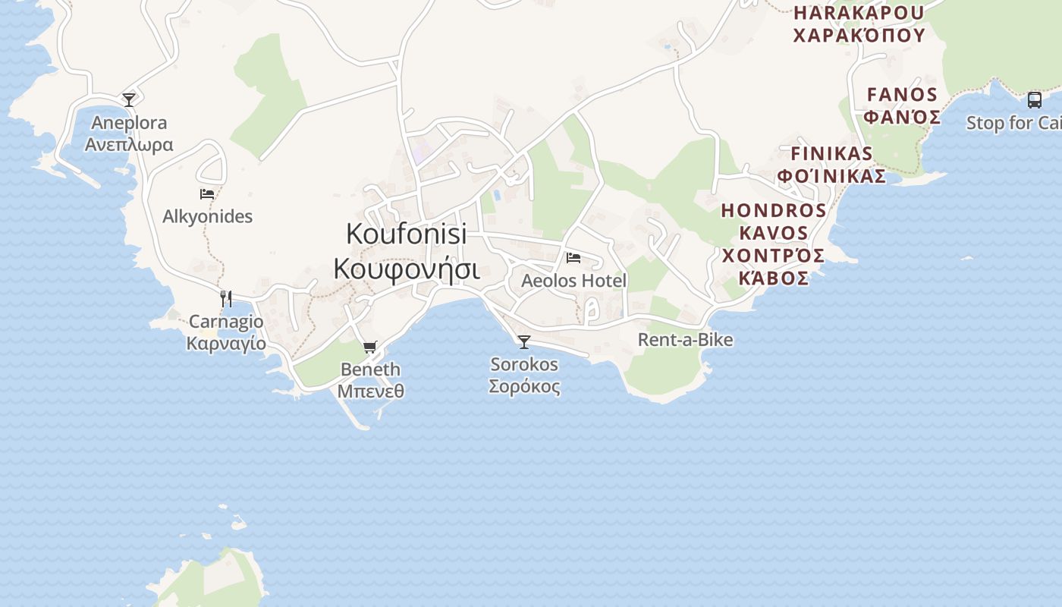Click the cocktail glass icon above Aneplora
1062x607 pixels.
click(129, 99)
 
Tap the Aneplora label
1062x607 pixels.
click(129, 123)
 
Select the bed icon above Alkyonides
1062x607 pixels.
click(207, 194)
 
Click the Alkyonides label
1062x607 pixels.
click(207, 217)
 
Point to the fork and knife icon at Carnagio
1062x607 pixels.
click(226, 298)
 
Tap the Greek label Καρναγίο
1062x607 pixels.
click(226, 344)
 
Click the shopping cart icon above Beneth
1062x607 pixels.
click(370, 348)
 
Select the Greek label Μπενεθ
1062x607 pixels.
click(370, 392)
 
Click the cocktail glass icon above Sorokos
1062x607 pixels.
click(524, 341)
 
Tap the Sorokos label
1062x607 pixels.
click(524, 365)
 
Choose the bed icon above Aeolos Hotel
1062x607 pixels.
click(573, 258)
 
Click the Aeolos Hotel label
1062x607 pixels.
click(573, 281)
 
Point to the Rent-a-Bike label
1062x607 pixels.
click(685, 340)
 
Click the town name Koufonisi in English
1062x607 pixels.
click(406, 234)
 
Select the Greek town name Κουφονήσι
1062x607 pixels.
click(406, 269)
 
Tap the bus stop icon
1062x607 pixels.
click(1034, 99)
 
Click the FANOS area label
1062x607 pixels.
click(902, 95)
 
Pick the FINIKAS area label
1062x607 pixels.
click(831, 153)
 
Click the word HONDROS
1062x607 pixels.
click(773, 210)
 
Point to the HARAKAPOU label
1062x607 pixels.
click(859, 13)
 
